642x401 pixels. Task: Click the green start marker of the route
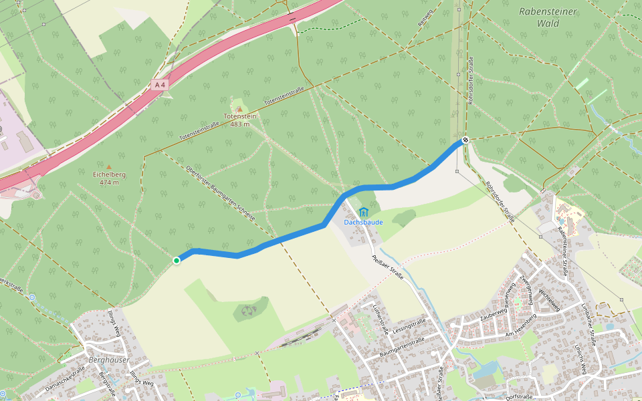(177, 261)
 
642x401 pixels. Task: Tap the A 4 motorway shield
(159, 85)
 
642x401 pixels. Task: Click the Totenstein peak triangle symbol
(239, 109)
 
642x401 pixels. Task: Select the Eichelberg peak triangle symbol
(109, 167)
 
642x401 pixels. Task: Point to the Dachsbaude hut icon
(363, 213)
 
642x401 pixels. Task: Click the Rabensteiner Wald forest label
(548, 17)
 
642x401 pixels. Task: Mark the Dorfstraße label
(519, 396)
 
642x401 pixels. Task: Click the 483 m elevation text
(239, 124)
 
